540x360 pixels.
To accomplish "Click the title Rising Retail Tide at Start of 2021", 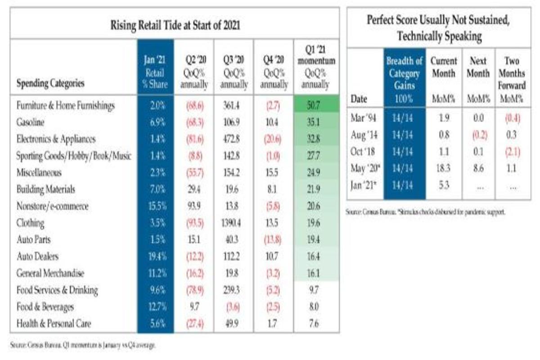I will coord(175,26).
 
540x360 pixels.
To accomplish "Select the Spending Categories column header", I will coord(50,84).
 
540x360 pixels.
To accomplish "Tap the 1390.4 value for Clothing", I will coord(233,223).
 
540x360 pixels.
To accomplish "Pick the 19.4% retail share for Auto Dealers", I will coord(155,256).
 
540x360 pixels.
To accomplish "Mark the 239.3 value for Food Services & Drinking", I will coord(233,290).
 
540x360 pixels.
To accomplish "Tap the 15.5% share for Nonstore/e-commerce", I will coord(155,206).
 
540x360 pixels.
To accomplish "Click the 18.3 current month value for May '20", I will coord(443,169).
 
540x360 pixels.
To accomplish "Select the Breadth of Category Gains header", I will coord(404,79).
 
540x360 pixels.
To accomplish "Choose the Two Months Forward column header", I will coord(512,79).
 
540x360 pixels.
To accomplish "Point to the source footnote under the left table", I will coord(83,345).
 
